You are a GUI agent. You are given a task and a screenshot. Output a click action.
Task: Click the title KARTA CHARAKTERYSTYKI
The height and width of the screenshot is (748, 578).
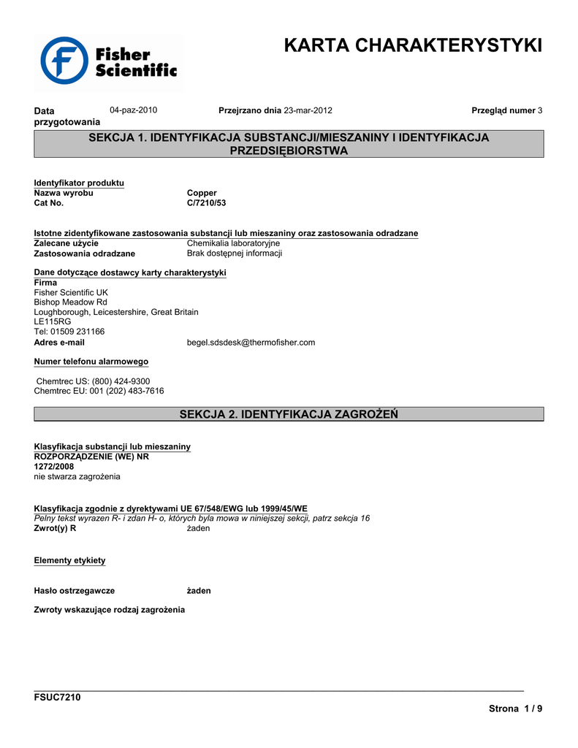(413, 45)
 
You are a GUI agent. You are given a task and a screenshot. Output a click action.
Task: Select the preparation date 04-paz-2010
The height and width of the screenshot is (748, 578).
(134, 110)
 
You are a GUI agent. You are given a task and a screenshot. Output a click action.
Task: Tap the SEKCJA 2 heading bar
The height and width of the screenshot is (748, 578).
(289, 414)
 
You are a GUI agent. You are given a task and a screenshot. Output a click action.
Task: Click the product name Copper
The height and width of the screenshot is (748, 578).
(202, 193)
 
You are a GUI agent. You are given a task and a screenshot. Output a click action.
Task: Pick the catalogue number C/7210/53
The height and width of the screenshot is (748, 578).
(207, 203)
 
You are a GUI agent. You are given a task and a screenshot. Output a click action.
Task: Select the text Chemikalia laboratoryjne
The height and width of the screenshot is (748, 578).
(233, 243)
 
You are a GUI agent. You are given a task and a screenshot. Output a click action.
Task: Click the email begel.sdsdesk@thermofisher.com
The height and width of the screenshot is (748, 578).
(251, 342)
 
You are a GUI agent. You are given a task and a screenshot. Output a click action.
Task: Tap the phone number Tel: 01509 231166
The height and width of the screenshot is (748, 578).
(69, 332)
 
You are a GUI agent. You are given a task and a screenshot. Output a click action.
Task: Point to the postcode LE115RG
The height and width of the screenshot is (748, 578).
(53, 321)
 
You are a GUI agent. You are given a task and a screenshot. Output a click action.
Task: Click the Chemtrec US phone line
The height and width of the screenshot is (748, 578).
(93, 381)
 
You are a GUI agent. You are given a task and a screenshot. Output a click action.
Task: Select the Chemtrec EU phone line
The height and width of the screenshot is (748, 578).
(99, 391)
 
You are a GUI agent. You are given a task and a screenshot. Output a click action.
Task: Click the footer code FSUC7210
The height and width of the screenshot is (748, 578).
(58, 697)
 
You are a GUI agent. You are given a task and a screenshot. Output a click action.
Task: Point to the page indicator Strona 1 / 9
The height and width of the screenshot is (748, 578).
(515, 709)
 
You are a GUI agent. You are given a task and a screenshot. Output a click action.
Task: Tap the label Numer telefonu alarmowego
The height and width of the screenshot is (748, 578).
(91, 362)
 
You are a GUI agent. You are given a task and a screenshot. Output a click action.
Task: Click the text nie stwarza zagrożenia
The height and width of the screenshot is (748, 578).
(77, 476)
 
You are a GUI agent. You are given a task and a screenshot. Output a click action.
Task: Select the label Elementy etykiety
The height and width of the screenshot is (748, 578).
(70, 560)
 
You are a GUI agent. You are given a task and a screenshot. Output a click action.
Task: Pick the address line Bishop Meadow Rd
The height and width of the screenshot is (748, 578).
(71, 302)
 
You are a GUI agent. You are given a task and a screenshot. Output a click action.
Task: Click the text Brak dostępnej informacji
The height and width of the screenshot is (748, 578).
(235, 253)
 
